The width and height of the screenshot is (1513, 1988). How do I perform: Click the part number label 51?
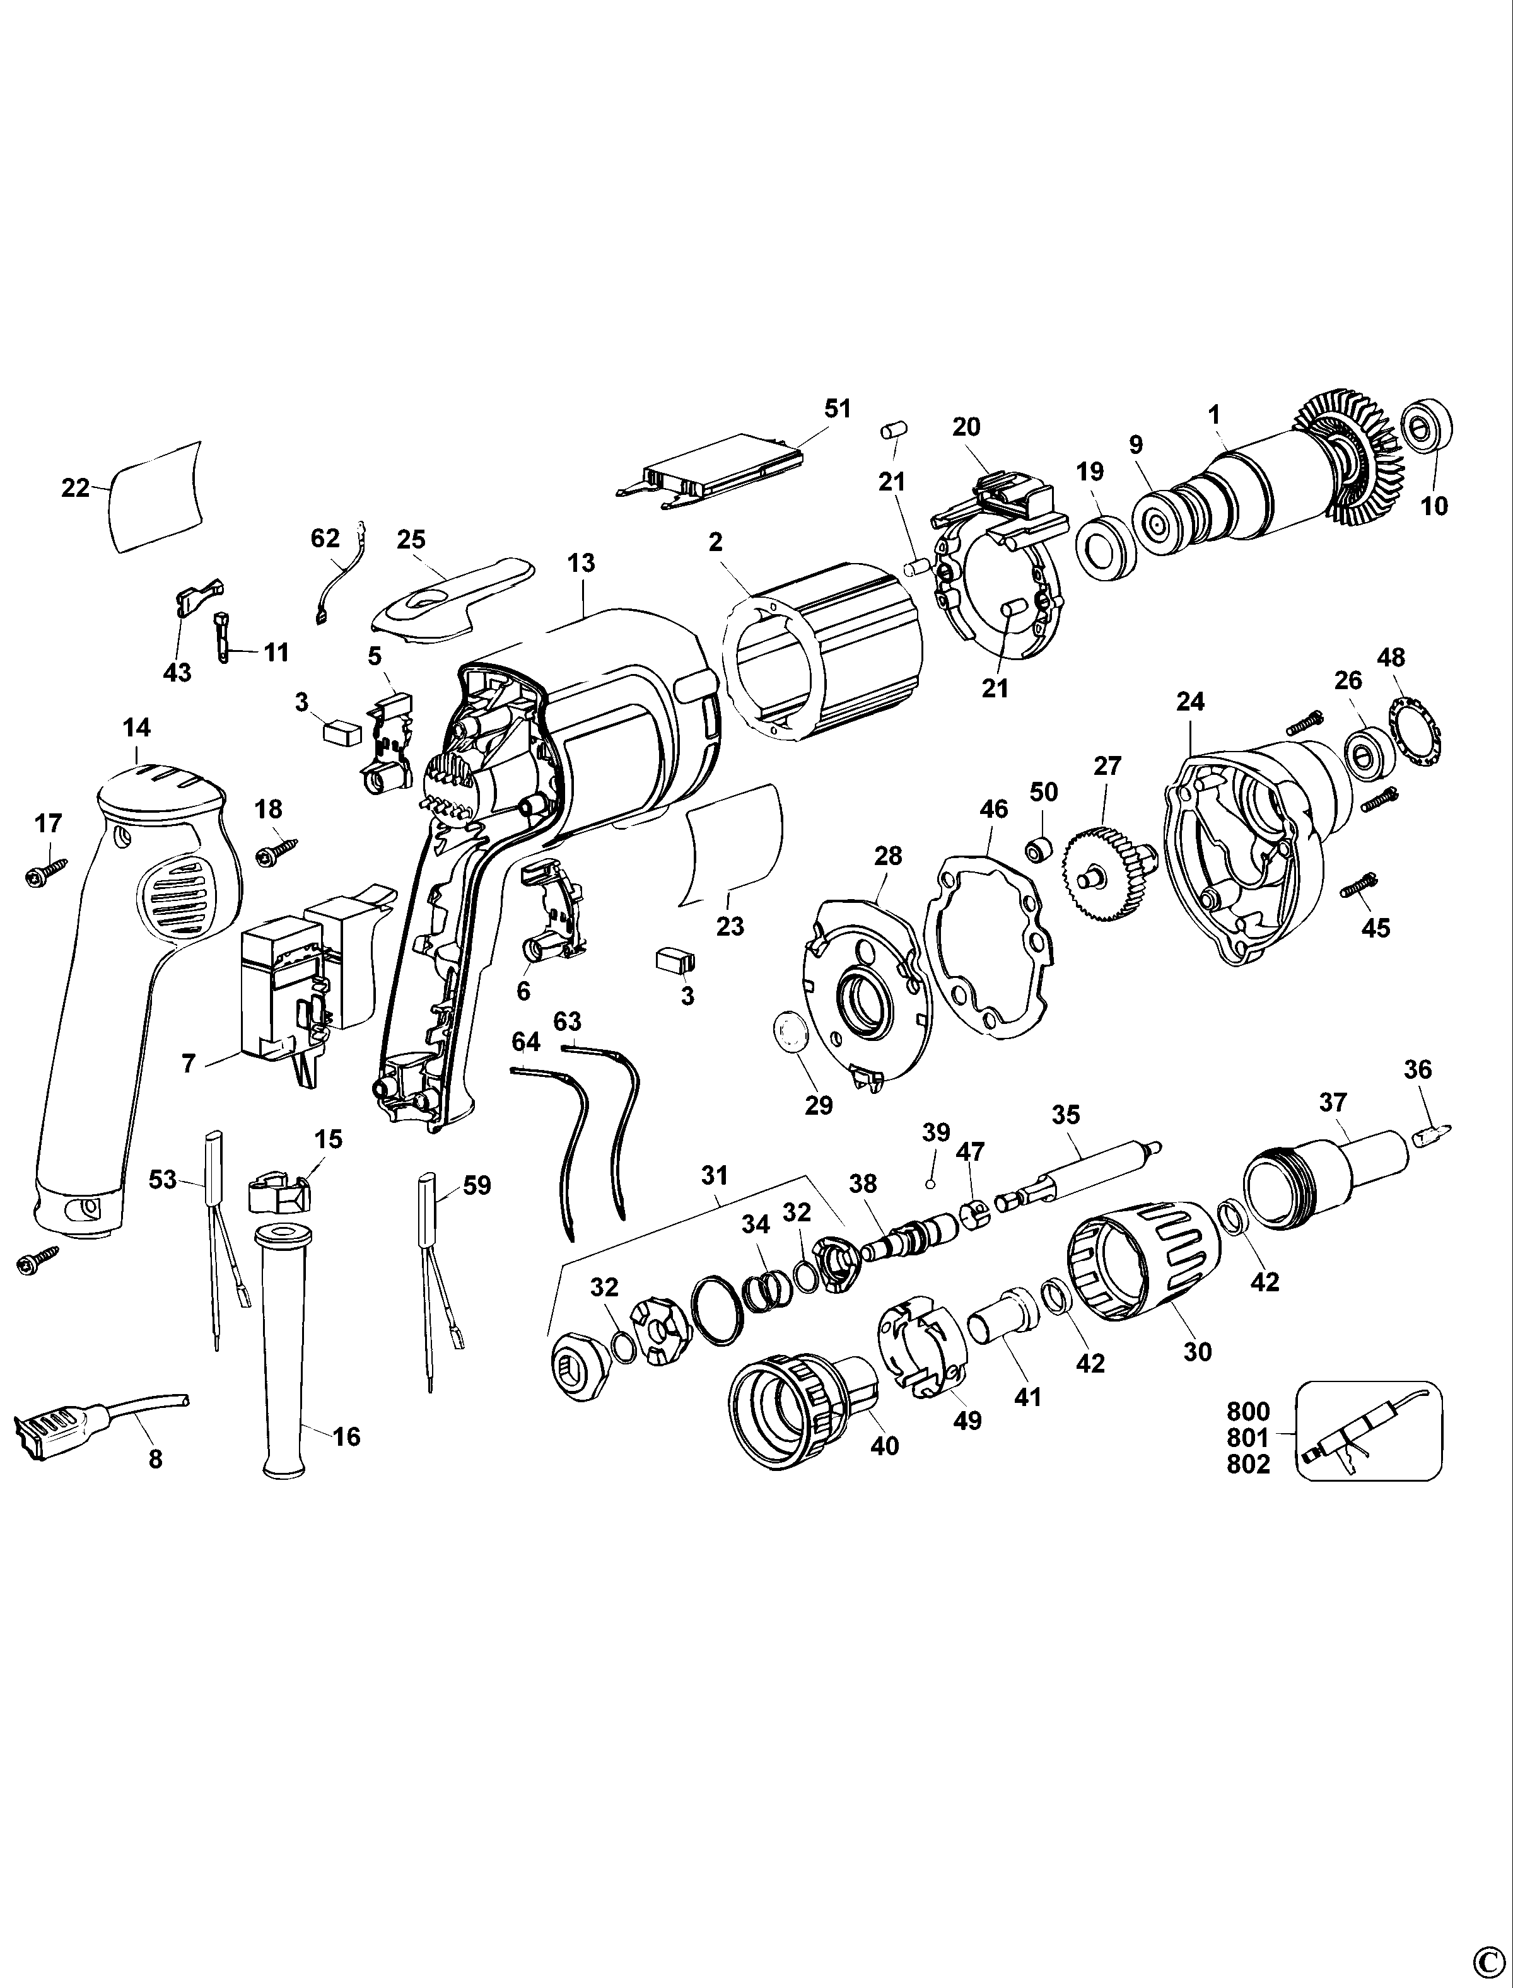point(837,408)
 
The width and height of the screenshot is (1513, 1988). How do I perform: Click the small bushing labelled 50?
point(1042,847)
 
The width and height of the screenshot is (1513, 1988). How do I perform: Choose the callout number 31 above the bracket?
point(713,1175)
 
